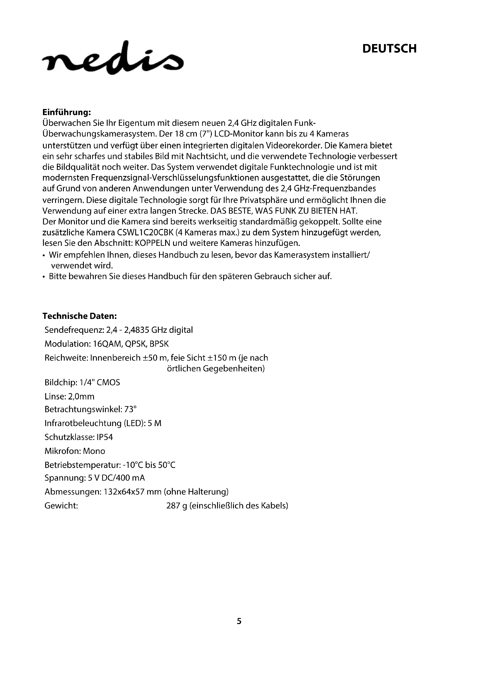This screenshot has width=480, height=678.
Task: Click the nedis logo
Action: pyautogui.click(x=113, y=58)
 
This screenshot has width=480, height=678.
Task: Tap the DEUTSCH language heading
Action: pyautogui.click(x=389, y=49)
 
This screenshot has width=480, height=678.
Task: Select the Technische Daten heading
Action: pyautogui.click(x=80, y=316)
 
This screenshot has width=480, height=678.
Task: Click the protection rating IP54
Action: pyautogui.click(x=105, y=437)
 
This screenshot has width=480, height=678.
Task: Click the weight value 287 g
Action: pyautogui.click(x=176, y=506)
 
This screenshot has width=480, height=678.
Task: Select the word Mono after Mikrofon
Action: pyautogui.click(x=94, y=451)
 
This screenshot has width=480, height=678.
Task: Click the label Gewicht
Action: pyautogui.click(x=61, y=506)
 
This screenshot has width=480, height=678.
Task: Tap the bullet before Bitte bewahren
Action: pyautogui.click(x=44, y=277)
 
